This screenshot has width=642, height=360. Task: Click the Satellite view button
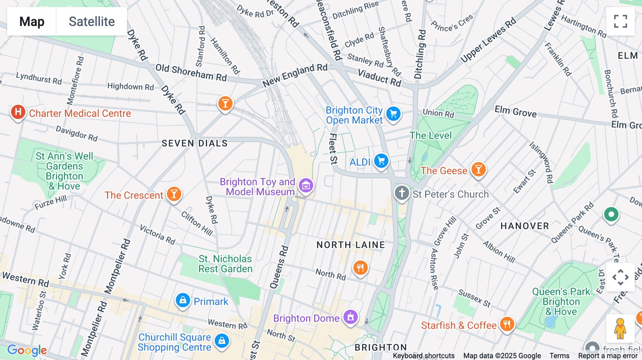(92, 21)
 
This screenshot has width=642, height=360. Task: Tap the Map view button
(32, 21)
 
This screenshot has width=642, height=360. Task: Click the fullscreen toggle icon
(620, 21)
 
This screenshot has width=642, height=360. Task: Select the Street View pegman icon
(620, 328)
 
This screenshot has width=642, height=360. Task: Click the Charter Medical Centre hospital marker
(18, 112)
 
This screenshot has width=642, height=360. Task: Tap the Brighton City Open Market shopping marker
(393, 114)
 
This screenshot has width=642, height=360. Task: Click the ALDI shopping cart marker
(381, 161)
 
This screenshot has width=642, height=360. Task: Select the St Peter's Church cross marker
(402, 193)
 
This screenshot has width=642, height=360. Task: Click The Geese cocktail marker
(478, 170)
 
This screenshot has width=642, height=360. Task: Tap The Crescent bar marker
(174, 194)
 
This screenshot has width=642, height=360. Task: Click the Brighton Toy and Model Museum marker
(306, 186)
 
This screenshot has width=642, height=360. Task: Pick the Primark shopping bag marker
(183, 300)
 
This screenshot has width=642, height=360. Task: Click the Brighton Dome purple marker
(350, 317)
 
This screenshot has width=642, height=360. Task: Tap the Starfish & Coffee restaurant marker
(506, 324)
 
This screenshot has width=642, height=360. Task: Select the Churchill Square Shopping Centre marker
(222, 341)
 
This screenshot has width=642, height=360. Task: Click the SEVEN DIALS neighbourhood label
(194, 143)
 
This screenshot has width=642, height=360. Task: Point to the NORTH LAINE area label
(351, 245)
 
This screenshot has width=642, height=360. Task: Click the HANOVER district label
(524, 226)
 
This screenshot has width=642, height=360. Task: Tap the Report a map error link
(607, 356)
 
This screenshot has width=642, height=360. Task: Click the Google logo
(27, 350)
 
